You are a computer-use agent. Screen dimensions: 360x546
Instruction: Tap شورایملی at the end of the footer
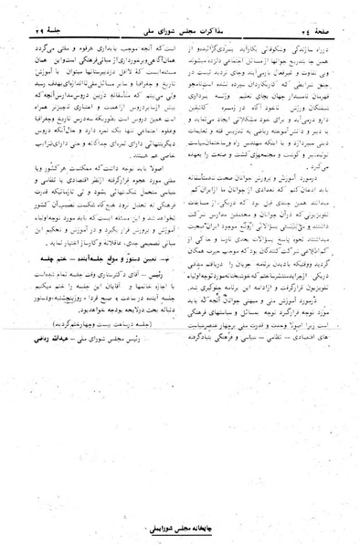tap(154, 529)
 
